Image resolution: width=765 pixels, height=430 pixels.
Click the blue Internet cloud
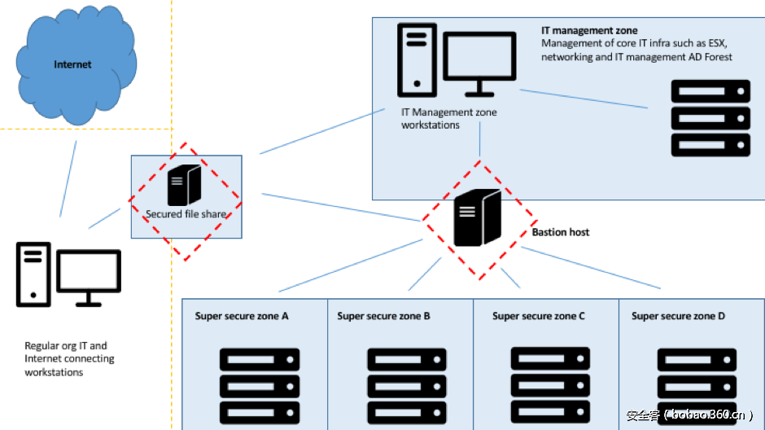(73, 65)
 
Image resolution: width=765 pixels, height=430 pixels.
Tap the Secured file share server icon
(184, 185)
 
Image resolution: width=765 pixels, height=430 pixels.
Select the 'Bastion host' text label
(561, 232)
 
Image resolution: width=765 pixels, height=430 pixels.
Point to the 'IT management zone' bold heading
(589, 31)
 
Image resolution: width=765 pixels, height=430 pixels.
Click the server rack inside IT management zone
(710, 118)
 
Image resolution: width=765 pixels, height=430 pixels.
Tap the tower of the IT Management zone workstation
(417, 59)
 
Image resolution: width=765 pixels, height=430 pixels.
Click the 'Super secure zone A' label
(242, 316)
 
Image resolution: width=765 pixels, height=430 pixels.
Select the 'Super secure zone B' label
(383, 316)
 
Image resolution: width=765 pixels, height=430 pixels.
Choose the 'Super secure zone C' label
(539, 316)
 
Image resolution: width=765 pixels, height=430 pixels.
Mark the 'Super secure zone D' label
(678, 316)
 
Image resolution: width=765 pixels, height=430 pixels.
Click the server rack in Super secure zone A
(260, 384)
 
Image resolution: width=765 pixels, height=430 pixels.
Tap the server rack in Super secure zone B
(407, 385)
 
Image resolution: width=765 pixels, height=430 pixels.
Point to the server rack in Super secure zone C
(551, 384)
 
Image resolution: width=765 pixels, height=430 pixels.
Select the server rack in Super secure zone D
(697, 385)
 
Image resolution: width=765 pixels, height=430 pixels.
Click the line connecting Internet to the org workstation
(68, 178)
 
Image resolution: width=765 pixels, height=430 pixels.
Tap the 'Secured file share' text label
(186, 215)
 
